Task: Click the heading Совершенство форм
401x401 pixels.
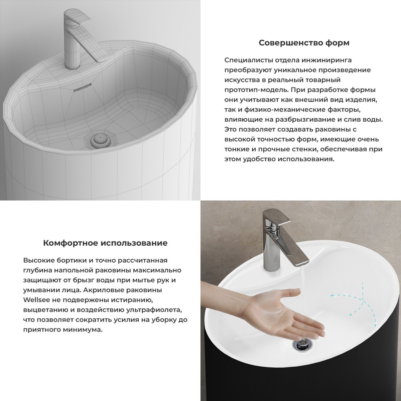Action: pyautogui.click(x=304, y=43)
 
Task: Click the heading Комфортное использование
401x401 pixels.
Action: pyautogui.click(x=105, y=243)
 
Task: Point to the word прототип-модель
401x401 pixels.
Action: pyautogui.click(x=256, y=90)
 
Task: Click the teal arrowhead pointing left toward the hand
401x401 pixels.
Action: pyautogui.click(x=332, y=295)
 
